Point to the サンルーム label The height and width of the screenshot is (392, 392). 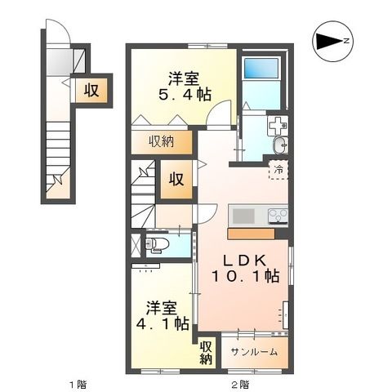click(x=253, y=352)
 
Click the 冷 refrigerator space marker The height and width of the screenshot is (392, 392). click(x=278, y=170)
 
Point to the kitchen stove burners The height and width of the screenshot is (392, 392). click(x=278, y=216)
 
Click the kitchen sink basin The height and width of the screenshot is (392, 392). click(x=244, y=216)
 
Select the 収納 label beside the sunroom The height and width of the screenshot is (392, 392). click(x=206, y=351)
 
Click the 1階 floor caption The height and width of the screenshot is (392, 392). click(x=76, y=383)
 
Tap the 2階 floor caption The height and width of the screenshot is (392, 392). click(x=238, y=383)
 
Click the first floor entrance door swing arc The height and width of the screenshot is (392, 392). click(x=58, y=38)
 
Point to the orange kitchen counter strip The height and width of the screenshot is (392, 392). click(x=256, y=233)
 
